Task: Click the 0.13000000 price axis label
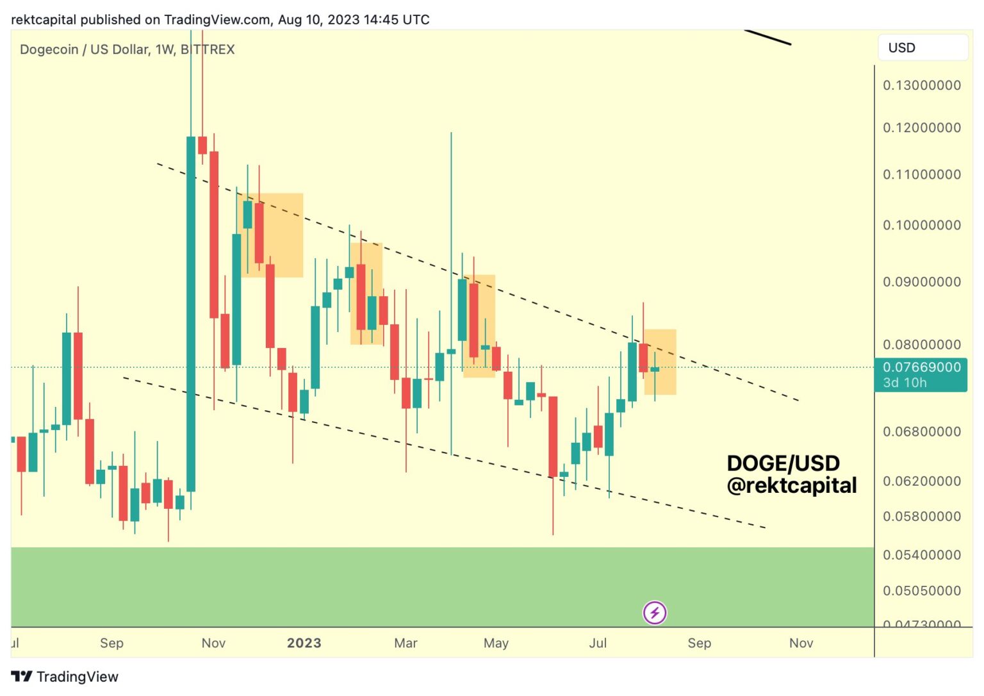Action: click(921, 85)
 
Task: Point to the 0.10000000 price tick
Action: click(921, 225)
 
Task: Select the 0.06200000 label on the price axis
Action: click(921, 481)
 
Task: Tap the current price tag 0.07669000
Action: click(921, 367)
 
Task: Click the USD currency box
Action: click(922, 48)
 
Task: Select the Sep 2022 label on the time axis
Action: click(111, 643)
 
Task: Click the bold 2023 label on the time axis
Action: click(304, 643)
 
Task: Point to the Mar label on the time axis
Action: click(406, 643)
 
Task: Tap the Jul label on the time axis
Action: click(597, 643)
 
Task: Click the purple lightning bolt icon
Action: click(654, 613)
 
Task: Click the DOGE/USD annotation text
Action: click(783, 463)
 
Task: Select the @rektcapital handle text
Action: click(791, 486)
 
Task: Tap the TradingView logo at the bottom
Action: click(65, 677)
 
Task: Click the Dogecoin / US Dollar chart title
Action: click(127, 49)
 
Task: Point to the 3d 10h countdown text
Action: click(905, 383)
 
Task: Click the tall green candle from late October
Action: click(191, 314)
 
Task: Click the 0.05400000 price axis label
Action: click(921, 555)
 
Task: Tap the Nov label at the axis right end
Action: click(801, 643)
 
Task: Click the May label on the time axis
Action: click(496, 643)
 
